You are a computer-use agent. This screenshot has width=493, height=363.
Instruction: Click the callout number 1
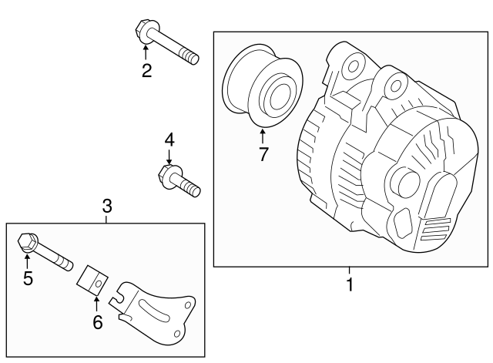pyautogui.click(x=349, y=285)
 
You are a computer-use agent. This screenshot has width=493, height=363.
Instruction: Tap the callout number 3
pyautogui.click(x=107, y=206)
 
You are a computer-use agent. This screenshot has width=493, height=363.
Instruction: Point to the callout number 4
pyautogui.click(x=169, y=139)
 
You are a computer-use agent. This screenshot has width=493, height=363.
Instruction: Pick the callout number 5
pyautogui.click(x=28, y=278)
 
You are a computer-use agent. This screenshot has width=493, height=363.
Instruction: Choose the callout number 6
pyautogui.click(x=97, y=322)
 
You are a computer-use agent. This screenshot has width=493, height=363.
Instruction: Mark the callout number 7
pyautogui.click(x=263, y=153)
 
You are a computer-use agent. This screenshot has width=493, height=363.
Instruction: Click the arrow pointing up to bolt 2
pyautogui.click(x=146, y=53)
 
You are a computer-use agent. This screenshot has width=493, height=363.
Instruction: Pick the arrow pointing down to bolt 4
pyautogui.click(x=169, y=156)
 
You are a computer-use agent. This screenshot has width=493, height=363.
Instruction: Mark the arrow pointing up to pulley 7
pyautogui.click(x=263, y=136)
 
